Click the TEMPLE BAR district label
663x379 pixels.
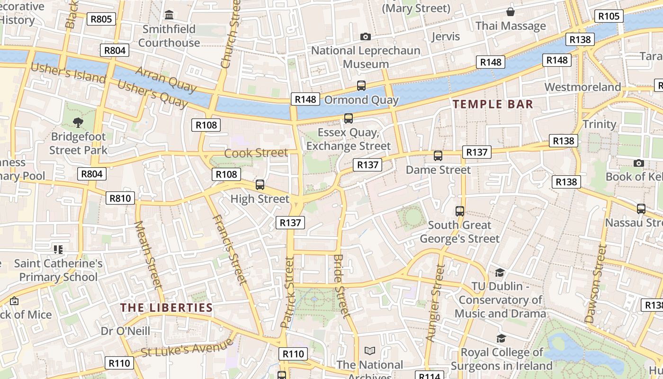[493, 104]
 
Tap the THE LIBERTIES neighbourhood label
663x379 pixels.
[166, 307]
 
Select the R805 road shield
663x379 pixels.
[101, 19]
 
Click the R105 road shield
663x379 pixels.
[609, 16]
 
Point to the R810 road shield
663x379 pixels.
[120, 198]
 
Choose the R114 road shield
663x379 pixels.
[430, 376]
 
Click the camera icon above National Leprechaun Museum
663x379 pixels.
[365, 36]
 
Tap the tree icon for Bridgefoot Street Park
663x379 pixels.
[78, 123]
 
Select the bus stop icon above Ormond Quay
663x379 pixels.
[361, 86]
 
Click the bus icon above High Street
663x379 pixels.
[260, 185]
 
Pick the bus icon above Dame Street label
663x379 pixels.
[438, 155]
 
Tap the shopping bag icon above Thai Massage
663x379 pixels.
[511, 12]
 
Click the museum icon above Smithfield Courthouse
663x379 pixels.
[169, 15]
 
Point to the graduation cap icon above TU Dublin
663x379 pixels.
[500, 272]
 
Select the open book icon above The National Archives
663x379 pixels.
[369, 351]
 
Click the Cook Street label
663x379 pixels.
[256, 153]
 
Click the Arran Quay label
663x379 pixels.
[166, 79]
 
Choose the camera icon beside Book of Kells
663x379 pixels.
[638, 163]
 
